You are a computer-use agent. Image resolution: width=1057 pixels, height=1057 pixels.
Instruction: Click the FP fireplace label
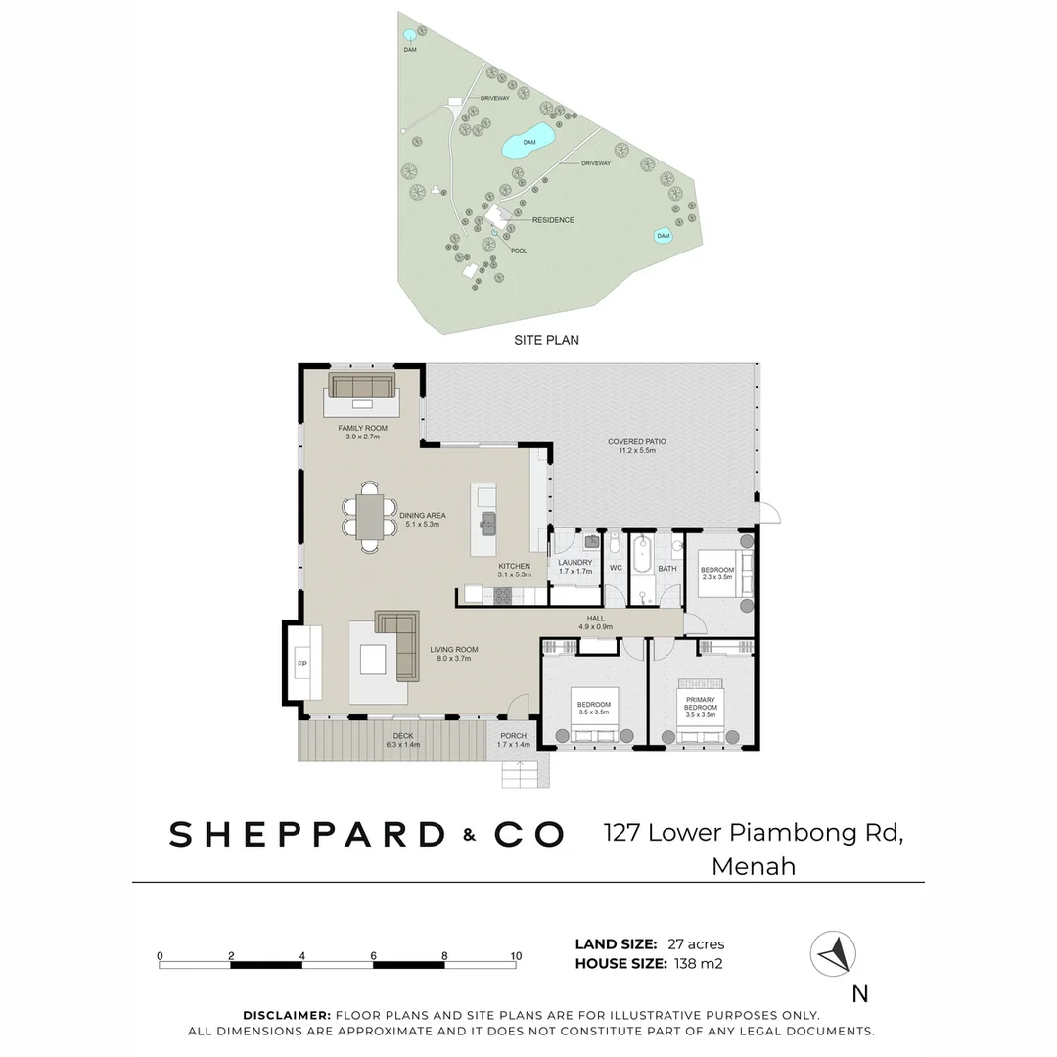coord(302,665)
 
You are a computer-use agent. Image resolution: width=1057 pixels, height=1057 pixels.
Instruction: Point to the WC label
coord(616,568)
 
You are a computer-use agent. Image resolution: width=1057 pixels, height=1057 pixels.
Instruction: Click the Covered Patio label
coord(636,446)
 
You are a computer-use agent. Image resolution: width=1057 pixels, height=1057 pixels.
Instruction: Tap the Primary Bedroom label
coord(700,704)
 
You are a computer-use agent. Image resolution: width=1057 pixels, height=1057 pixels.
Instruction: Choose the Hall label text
coord(596,619)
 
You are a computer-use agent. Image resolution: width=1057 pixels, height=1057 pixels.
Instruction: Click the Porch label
coord(513,736)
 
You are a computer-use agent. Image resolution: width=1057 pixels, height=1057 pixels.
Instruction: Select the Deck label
coord(402,736)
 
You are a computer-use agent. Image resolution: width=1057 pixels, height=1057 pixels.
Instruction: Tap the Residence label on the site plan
coord(553,220)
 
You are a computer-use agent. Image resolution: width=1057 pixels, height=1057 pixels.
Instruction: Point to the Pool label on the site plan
coord(519,251)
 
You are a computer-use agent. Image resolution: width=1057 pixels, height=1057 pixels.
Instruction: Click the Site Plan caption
coord(546,341)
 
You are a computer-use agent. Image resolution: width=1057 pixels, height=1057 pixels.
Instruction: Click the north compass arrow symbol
coord(833,952)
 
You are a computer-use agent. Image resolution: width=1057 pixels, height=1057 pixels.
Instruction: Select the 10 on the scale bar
coord(516,956)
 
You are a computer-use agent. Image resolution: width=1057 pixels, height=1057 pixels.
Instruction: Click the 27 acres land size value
coord(696,944)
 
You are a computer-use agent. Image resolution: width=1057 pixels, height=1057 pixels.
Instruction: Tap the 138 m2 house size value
coord(698,964)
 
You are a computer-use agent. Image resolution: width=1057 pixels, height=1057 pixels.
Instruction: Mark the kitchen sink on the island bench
coord(487,520)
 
